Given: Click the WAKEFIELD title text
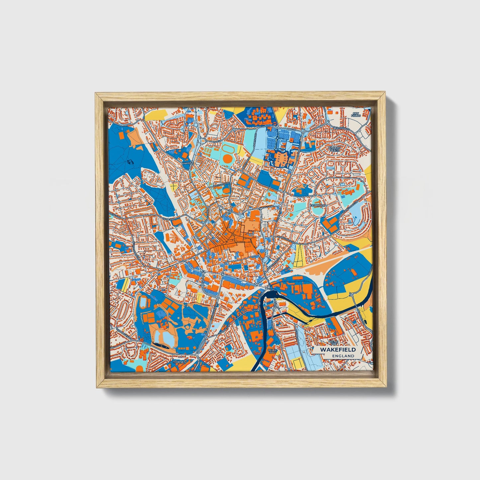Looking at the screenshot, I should coord(337,349).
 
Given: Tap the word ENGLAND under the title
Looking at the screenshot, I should coord(343,356).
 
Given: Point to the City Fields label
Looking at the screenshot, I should coord(356,115).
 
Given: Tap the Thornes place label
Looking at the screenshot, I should coord(178,362).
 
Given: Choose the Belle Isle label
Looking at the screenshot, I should coord(272,352).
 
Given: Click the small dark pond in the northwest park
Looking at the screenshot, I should coord(130,162).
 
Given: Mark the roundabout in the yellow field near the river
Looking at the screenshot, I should coord(351,295).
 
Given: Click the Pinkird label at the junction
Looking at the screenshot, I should coord(186,164).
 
